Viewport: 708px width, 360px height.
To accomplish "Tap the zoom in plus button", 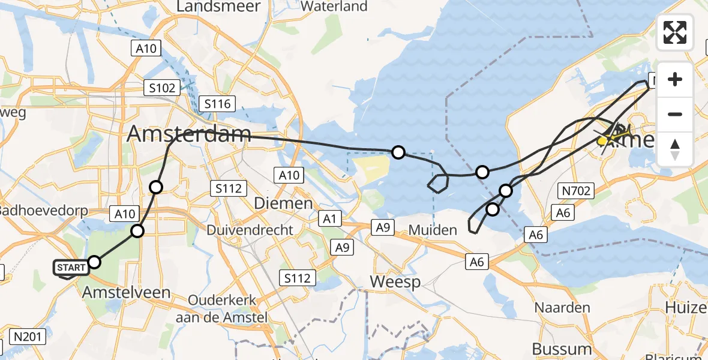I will click(x=675, y=80).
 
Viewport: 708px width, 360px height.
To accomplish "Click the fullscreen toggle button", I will click(x=675, y=32).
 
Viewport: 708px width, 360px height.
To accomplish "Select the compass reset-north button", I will click(x=675, y=149).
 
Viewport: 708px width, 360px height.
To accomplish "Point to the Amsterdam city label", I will click(x=188, y=134).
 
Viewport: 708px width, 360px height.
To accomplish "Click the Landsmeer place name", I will click(x=218, y=7).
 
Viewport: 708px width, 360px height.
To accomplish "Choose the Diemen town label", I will click(x=283, y=203).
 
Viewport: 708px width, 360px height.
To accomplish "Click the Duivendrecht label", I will click(x=250, y=230).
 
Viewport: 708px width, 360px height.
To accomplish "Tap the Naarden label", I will click(x=562, y=307).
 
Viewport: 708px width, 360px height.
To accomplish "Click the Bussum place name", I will click(x=562, y=349).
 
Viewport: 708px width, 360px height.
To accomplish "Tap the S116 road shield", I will click(x=217, y=104).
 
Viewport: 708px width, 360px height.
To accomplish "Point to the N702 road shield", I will click(x=575, y=191).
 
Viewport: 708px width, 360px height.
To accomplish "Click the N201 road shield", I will click(x=28, y=337).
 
